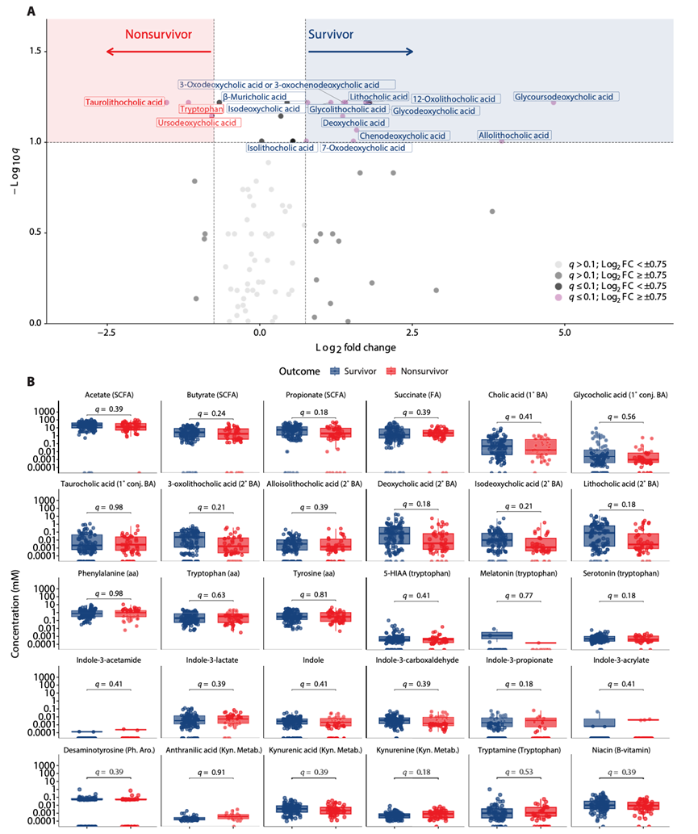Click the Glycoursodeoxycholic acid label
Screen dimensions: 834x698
566,97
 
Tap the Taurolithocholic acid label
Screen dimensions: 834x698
123,103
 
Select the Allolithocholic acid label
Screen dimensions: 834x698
514,135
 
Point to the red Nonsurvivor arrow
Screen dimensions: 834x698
158,52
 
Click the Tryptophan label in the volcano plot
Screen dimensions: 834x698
201,109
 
